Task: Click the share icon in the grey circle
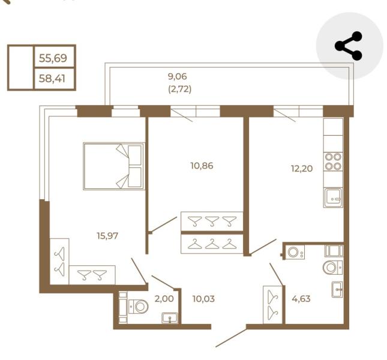coord(348,46)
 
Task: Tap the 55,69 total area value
coord(53,58)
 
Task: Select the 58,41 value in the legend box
coord(52,79)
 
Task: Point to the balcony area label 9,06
coord(177,76)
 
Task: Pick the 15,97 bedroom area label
coord(107,236)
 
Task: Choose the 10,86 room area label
coord(202,166)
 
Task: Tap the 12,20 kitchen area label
coord(302,169)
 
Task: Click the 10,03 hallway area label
coord(203,299)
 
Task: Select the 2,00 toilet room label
coord(164,299)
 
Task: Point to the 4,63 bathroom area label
coord(301,299)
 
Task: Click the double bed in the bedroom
coord(113,166)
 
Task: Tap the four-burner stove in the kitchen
coord(333,161)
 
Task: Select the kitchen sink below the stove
coord(333,197)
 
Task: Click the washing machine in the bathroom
coord(295,252)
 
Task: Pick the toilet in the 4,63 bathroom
coord(332,267)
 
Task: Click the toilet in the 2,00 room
coord(138,307)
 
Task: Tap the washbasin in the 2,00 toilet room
coord(170,318)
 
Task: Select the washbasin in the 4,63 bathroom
coord(337,289)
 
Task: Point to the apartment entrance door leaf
coord(231,338)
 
